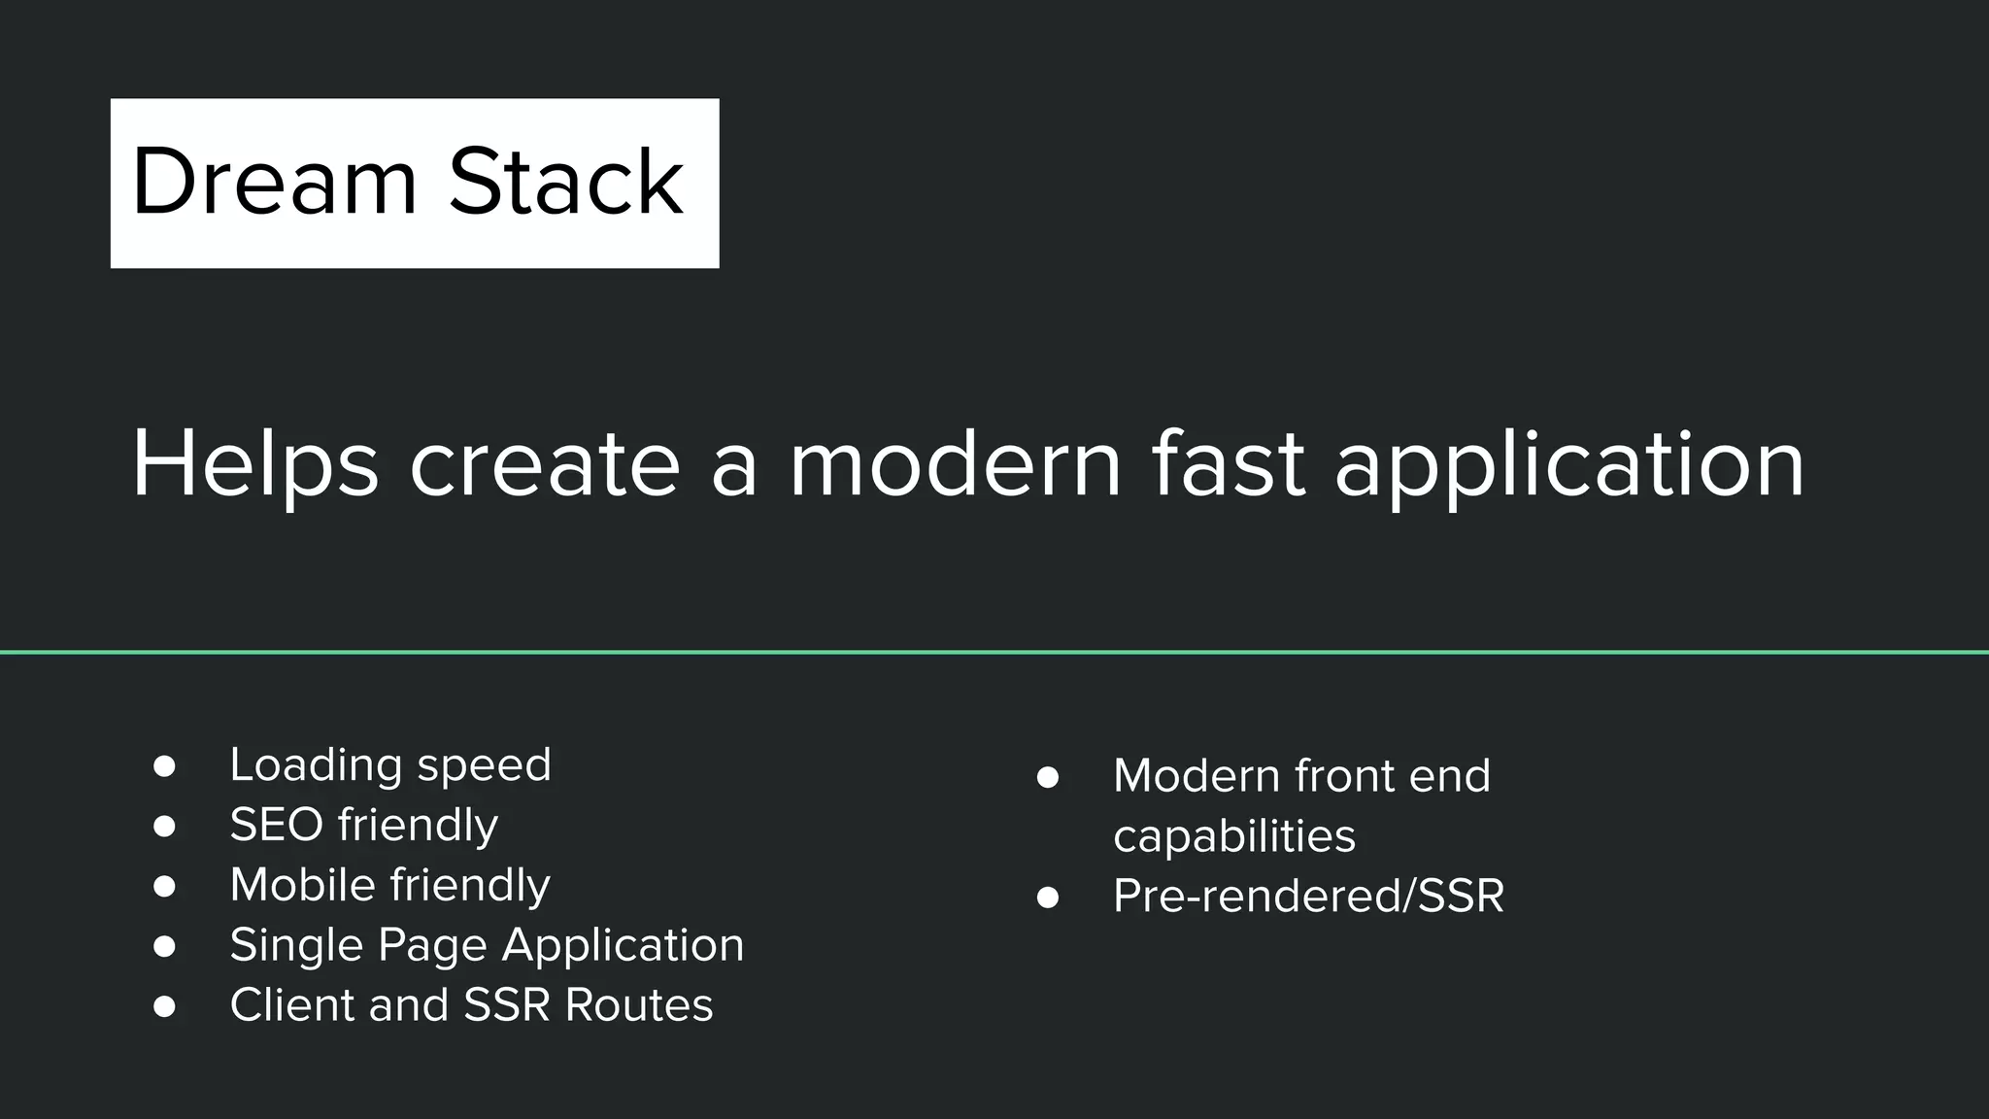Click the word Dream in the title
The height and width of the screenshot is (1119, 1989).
[274, 183]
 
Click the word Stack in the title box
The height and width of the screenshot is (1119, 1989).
[565, 183]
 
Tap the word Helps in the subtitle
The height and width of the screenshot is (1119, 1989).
[254, 465]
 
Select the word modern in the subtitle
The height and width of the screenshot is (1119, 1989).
[955, 465]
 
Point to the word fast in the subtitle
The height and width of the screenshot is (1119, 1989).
[1228, 465]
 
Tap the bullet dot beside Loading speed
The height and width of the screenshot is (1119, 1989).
[164, 766]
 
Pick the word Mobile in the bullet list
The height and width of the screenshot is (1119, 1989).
[302, 885]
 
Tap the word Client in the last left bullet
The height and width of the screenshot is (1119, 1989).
[291, 1005]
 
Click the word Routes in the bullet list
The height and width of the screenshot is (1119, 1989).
[638, 1005]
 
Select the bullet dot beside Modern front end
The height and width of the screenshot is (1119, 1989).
[1047, 777]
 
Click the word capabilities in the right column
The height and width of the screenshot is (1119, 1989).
[1233, 836]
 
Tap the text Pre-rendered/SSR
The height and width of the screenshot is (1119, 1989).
[1307, 896]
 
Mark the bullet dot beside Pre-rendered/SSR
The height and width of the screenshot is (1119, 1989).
[1047, 898]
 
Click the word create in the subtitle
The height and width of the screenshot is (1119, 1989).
[544, 465]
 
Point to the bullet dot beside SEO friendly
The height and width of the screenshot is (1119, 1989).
[164, 827]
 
